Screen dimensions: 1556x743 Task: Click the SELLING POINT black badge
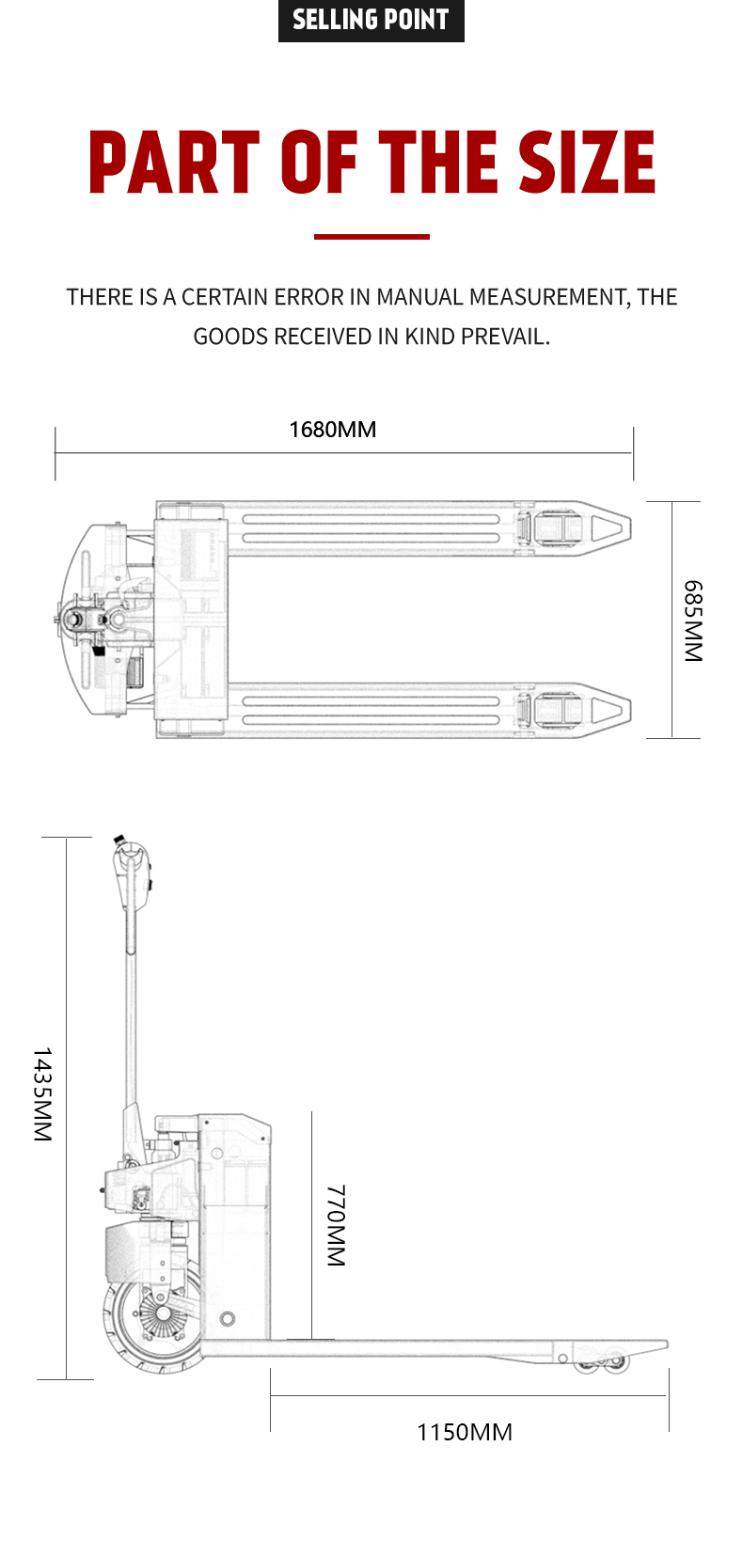tap(371, 21)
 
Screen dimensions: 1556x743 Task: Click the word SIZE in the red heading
tap(587, 163)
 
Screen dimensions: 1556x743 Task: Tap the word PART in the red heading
tap(174, 163)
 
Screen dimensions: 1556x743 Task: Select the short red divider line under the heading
tap(371, 237)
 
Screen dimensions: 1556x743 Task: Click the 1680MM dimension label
tap(332, 430)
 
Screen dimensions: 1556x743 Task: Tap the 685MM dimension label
tap(692, 621)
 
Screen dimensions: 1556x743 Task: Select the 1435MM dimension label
tap(42, 1094)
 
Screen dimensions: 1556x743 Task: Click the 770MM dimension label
tap(336, 1225)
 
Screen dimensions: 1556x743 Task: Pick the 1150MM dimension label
tap(465, 1432)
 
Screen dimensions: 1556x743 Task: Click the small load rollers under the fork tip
tap(602, 1362)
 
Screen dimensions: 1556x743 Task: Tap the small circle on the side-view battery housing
tap(228, 1319)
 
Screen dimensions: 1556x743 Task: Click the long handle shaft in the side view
tap(131, 1015)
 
